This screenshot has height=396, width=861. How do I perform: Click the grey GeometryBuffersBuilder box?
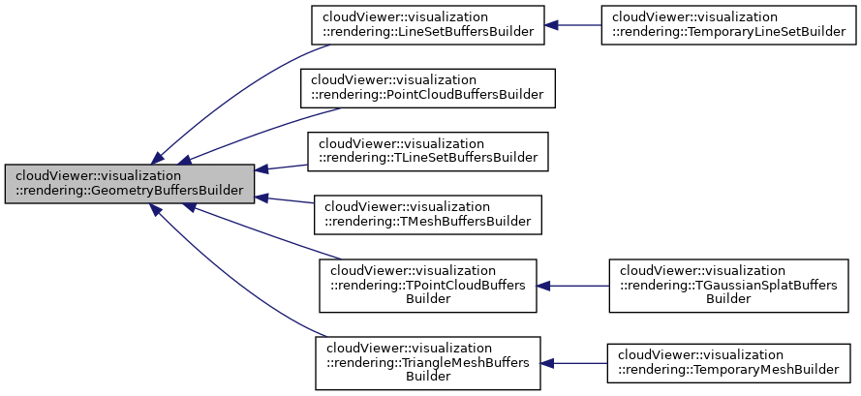pos(130,183)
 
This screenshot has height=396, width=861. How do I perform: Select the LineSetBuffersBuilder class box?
pos(427,24)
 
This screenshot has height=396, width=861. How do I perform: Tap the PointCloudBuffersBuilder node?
pos(427,87)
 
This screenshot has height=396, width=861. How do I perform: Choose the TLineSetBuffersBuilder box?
pos(427,150)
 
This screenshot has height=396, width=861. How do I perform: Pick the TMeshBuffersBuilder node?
pos(427,213)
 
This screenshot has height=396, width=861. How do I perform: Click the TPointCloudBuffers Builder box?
pos(427,285)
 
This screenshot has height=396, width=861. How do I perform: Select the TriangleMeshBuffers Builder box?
pos(427,363)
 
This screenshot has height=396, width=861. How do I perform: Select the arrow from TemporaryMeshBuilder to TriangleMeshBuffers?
pos(576,363)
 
